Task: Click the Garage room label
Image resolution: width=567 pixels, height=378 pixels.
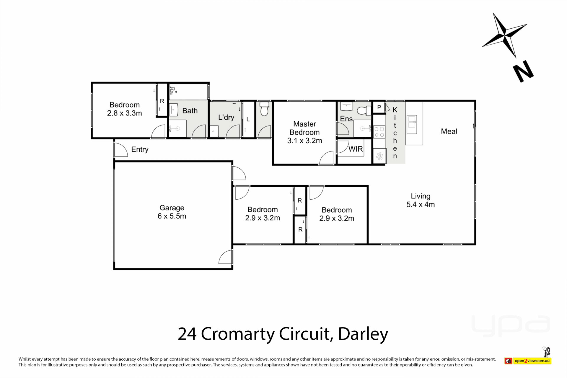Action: (x=172, y=208)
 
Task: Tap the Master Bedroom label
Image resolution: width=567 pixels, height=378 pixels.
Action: (x=304, y=128)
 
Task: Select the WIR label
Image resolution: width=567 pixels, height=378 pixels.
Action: (x=356, y=149)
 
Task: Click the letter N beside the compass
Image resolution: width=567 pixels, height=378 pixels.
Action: (x=523, y=71)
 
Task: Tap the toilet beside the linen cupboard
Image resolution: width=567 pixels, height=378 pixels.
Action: (x=264, y=109)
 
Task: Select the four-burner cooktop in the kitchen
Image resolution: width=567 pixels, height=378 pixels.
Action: (x=379, y=132)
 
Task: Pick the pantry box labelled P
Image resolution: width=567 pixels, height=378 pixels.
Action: (x=379, y=107)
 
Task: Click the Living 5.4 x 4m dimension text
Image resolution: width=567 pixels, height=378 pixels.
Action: (x=421, y=204)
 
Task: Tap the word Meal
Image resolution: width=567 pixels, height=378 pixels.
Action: (x=449, y=131)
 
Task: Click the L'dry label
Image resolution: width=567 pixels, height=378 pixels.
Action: (x=226, y=117)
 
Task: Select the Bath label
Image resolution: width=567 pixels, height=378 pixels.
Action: (x=190, y=111)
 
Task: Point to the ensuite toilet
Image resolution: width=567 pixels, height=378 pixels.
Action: (x=364, y=111)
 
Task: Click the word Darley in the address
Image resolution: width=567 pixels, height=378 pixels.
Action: (x=363, y=334)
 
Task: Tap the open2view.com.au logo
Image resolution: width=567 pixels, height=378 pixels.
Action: (x=532, y=361)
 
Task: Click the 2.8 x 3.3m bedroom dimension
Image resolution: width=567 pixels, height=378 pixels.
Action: (x=124, y=113)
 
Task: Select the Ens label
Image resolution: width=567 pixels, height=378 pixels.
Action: (x=346, y=119)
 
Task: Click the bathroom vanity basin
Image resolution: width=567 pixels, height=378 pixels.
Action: (x=173, y=110)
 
